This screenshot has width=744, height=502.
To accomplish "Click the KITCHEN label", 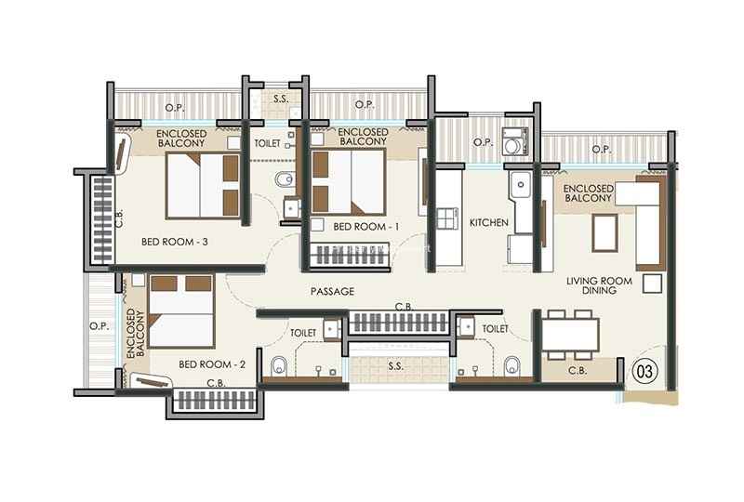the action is pyautogui.click(x=489, y=222).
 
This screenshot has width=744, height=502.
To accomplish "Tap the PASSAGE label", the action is pyautogui.click(x=332, y=291).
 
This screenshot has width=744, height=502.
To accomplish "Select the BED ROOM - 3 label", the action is pyautogui.click(x=175, y=242).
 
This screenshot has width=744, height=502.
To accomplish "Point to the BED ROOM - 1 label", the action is pyautogui.click(x=365, y=227).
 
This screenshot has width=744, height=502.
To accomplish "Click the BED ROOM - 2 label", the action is pyautogui.click(x=212, y=364).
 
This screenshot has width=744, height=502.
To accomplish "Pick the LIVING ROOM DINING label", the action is pyautogui.click(x=599, y=285).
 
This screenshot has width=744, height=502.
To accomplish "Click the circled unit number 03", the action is pyautogui.click(x=645, y=371).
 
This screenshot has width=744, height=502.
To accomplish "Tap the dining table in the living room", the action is pyautogui.click(x=570, y=335).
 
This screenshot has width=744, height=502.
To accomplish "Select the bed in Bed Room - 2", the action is pyautogui.click(x=181, y=311).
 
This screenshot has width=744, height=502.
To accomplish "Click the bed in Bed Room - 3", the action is pyautogui.click(x=203, y=186).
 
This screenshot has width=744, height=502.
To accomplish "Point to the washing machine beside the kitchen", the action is pyautogui.click(x=515, y=141).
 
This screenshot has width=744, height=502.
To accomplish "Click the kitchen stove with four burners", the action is pyautogui.click(x=447, y=218).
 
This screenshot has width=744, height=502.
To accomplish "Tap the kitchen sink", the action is pyautogui.click(x=521, y=185).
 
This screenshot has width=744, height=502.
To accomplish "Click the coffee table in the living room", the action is pyautogui.click(x=605, y=232).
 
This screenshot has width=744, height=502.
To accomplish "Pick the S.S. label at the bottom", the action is pyautogui.click(x=395, y=366).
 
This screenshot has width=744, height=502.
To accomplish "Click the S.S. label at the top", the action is pyautogui.click(x=281, y=99).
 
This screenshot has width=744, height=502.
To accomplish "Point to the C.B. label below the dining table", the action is pyautogui.click(x=578, y=370).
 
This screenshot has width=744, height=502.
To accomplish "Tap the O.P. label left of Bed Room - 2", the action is pyautogui.click(x=100, y=326).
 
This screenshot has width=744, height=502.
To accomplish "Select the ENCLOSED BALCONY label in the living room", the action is pyautogui.click(x=589, y=193).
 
